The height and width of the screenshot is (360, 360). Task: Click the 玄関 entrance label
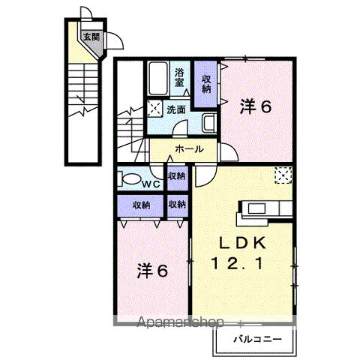[89, 35]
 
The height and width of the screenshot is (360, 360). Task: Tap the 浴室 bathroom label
[180, 77]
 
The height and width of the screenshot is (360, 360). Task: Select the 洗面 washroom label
[177, 109]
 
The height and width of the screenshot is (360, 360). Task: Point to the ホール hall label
[188, 149]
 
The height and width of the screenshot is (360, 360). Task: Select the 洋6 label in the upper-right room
[255, 106]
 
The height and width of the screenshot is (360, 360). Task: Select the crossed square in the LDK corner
[284, 174]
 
